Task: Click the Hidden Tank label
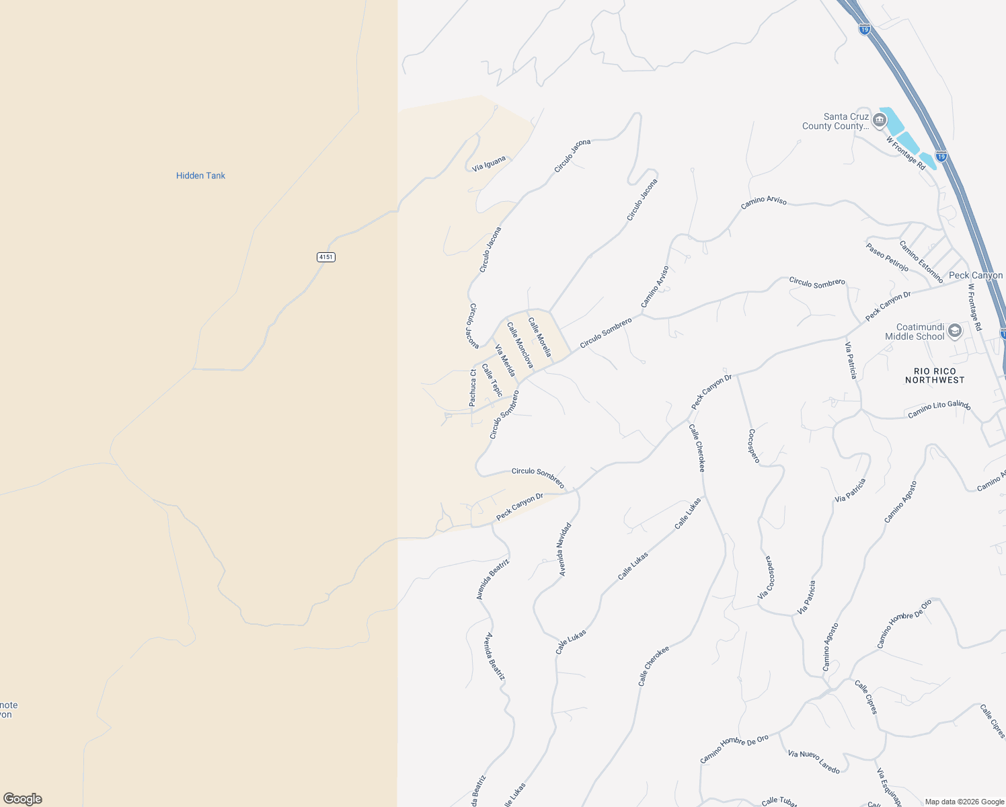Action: (200, 176)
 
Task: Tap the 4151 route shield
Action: (325, 257)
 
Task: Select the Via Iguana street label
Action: (489, 163)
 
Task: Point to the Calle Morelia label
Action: (540, 337)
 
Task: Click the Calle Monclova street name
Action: (520, 345)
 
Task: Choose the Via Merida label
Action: (505, 360)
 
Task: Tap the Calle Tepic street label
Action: (492, 379)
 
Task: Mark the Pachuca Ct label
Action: (473, 387)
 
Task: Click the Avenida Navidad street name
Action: (565, 549)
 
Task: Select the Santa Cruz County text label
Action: (835, 121)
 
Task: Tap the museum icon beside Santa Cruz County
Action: (879, 120)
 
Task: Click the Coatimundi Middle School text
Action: (915, 332)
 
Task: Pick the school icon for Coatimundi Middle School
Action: (954, 330)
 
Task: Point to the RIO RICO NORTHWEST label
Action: (935, 376)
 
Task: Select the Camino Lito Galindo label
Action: (939, 409)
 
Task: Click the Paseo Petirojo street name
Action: (887, 258)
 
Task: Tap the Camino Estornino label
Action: (921, 261)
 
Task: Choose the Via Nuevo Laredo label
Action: (814, 762)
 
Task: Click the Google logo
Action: (23, 799)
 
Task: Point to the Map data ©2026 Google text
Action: (964, 802)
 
